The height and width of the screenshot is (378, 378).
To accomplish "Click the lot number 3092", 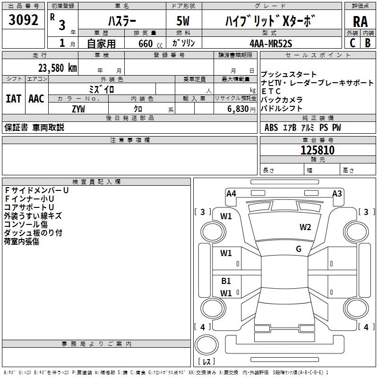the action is pos(23,20).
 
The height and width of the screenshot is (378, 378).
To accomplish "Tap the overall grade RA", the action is pos(360,22).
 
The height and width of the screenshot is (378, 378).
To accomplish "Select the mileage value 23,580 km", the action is pos(57,68).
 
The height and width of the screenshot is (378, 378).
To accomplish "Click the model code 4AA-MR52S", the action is pos(271,43).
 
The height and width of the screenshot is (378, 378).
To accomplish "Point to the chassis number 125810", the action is pos(318,150).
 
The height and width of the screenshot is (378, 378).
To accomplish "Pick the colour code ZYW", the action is pos(78,109).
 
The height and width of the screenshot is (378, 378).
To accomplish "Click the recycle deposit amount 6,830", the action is pos(238,109).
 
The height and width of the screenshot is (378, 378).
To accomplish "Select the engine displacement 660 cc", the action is pos(150,43).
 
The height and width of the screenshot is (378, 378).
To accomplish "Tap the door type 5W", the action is pos(183,21).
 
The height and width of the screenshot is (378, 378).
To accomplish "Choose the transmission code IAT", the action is pos(13,99).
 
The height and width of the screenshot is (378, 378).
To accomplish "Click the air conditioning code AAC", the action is pos(36,99).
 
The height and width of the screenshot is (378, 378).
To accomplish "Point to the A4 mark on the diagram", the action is pos(231,194).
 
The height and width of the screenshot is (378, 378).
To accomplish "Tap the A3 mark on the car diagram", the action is pos(337,194).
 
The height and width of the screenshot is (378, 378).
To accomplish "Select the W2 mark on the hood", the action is pos(305,227).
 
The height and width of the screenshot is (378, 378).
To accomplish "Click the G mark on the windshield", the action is pos(299,249).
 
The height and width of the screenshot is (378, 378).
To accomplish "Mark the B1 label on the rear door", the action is pos(226,281).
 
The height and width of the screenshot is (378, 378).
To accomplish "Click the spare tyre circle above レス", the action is pos(206,345).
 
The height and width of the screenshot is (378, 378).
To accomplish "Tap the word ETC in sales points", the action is pos(271,91).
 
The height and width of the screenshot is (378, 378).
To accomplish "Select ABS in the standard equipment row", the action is pos(271,128).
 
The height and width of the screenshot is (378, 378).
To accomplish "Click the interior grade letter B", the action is pos(368,43).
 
